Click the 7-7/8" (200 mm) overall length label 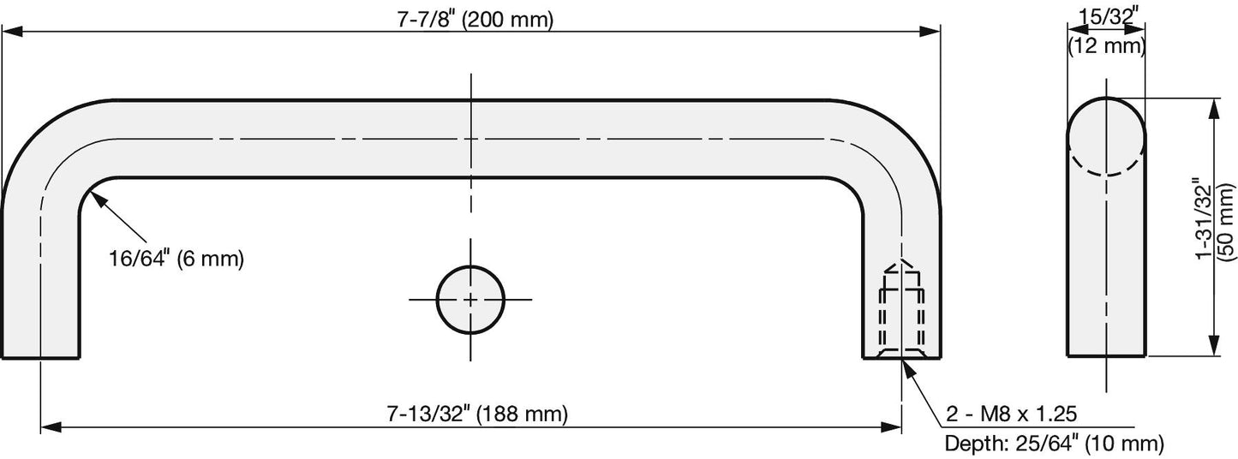pos(475,20)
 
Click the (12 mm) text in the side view pos(1106,45)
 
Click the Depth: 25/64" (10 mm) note pos(1055,443)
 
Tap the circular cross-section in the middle pos(470,300)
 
